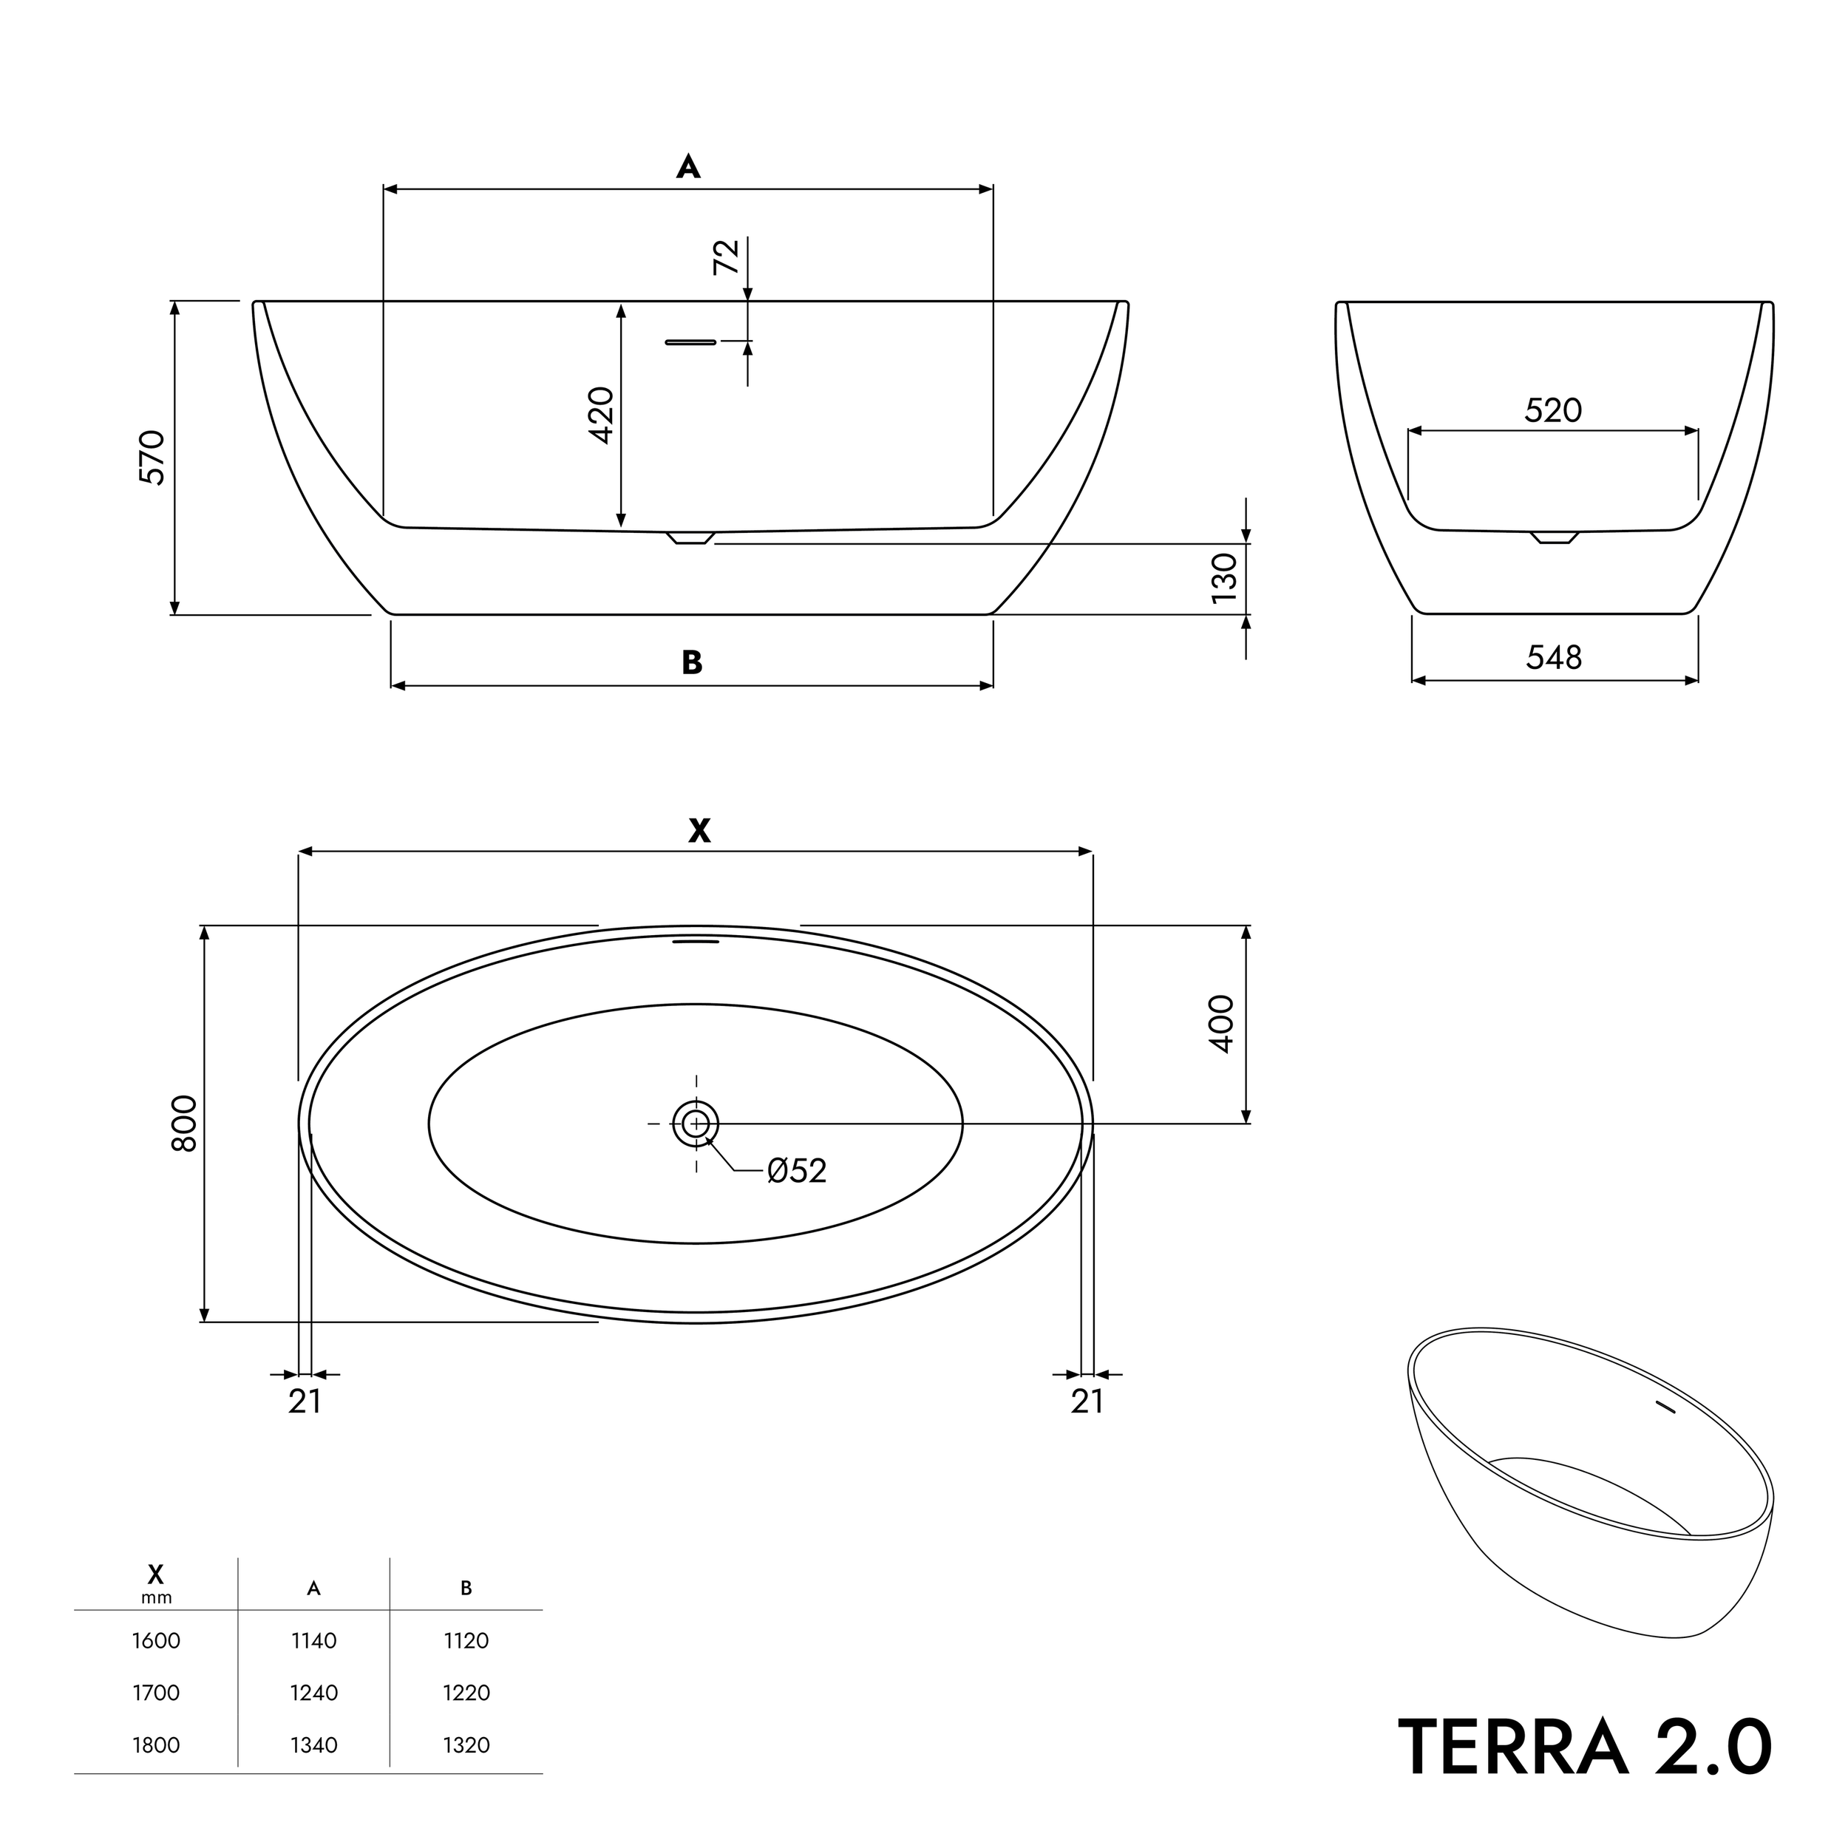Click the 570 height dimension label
[x=153, y=458]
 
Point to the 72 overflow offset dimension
[x=727, y=257]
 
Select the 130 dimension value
[x=1224, y=578]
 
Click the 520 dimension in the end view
[x=1552, y=410]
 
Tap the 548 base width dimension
[x=1553, y=657]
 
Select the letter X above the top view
[x=699, y=830]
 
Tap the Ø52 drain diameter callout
[x=796, y=1170]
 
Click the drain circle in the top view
[x=696, y=1123]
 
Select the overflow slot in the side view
[x=690, y=342]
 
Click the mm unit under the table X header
[x=156, y=1597]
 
